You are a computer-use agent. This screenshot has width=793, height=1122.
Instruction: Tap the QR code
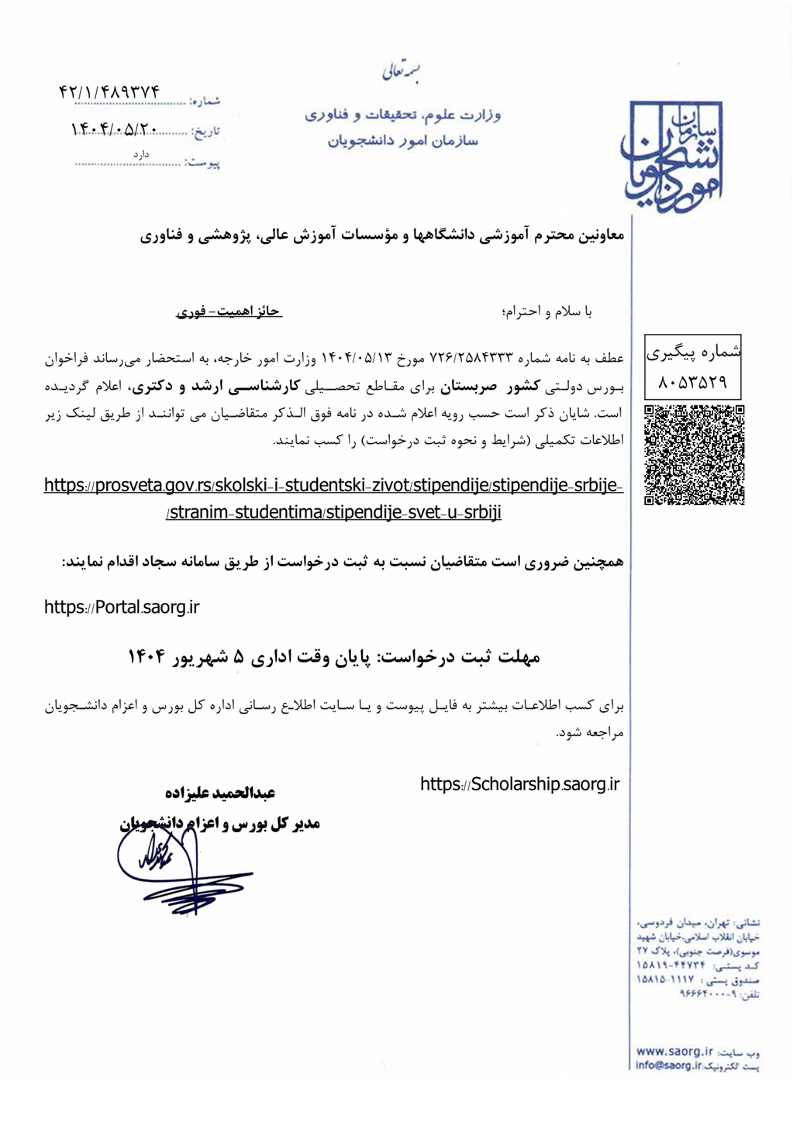[694, 455]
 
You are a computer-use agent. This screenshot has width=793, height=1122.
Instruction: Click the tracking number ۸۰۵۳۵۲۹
[693, 382]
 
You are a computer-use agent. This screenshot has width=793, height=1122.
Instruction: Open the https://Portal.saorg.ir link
[122, 607]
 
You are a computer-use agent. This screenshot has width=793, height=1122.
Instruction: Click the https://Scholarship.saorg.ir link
[520, 784]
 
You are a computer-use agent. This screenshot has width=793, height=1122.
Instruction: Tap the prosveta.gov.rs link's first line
[333, 486]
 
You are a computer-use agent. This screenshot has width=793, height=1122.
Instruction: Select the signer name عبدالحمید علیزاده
[220, 793]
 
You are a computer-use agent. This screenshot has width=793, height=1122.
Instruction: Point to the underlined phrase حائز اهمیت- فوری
[229, 311]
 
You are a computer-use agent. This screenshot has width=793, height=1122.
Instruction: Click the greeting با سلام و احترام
[547, 311]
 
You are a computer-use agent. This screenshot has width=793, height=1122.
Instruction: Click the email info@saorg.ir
[668, 1065]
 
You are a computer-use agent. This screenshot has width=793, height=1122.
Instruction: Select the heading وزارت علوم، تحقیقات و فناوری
[402, 115]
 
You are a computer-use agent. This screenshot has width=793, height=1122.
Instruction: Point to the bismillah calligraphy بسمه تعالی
[402, 73]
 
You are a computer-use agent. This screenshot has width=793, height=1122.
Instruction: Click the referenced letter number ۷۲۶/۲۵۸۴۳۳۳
[472, 358]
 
